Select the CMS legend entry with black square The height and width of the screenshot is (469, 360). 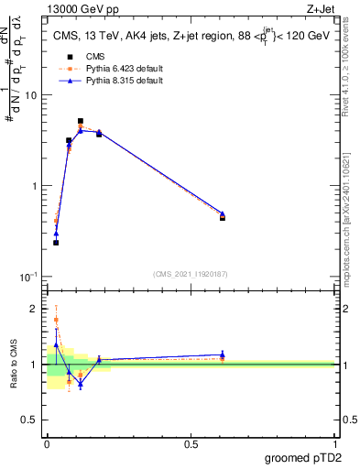pos(82,56)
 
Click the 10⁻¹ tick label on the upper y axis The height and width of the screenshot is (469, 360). pos(28,276)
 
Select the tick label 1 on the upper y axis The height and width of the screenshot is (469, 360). pos(34,186)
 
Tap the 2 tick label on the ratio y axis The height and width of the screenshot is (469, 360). pos(34,309)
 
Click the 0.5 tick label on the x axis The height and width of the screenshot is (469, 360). pos(191,443)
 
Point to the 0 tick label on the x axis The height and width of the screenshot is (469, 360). pos(47,443)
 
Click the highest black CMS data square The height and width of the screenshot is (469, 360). pos(81,121)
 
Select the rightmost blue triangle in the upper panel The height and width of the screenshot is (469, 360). pos(223,213)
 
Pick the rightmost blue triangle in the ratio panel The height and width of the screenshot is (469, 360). pos(223,354)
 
